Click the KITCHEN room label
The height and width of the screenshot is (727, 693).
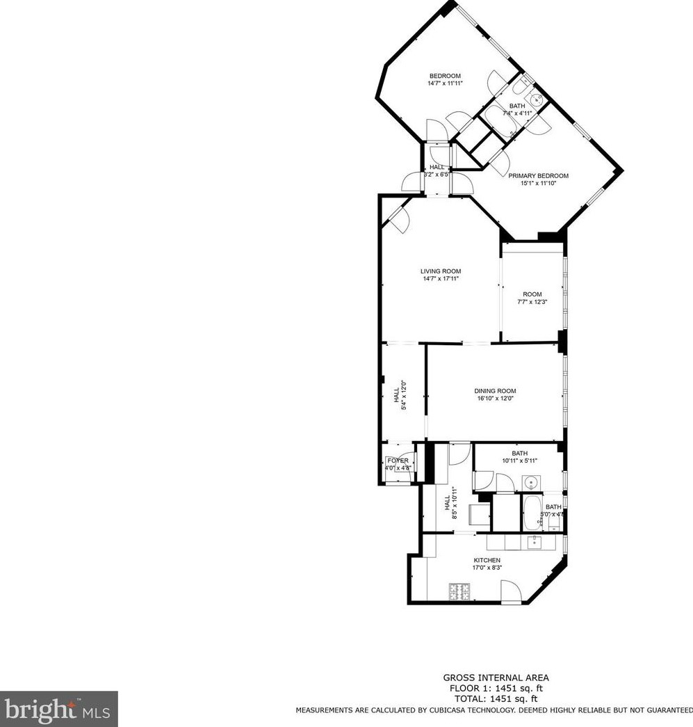pyautogui.click(x=487, y=560)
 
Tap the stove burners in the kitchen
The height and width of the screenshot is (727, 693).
pyautogui.click(x=459, y=592)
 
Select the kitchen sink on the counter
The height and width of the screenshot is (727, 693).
pyautogui.click(x=535, y=542)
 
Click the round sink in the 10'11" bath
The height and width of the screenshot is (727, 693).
pyautogui.click(x=532, y=481)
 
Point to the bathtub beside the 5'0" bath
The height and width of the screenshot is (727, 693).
pyautogui.click(x=532, y=513)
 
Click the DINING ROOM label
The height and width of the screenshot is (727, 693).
pyautogui.click(x=495, y=391)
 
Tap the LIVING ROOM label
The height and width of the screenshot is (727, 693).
pyautogui.click(x=440, y=271)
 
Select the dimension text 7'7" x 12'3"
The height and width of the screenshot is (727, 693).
pyautogui.click(x=532, y=302)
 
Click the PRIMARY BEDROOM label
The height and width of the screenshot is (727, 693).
pyautogui.click(x=538, y=176)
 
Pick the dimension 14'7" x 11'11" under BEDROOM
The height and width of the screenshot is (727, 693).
pyautogui.click(x=445, y=83)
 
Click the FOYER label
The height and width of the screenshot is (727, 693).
pyautogui.click(x=398, y=461)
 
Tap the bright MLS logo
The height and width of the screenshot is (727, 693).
pyautogui.click(x=58, y=709)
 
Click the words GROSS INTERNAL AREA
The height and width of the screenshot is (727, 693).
pyautogui.click(x=496, y=678)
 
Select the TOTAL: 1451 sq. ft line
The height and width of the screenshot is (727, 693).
pyautogui.click(x=496, y=698)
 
